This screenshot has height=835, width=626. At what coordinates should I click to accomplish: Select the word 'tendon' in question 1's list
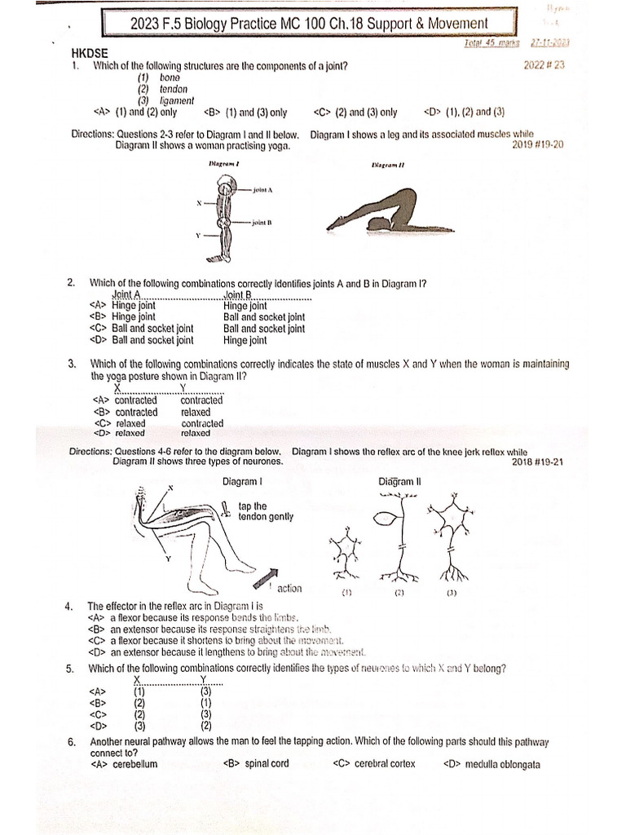(173, 89)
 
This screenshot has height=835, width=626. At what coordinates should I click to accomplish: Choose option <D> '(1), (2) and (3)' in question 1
(465, 113)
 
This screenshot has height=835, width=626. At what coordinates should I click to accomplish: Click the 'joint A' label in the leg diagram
(262, 189)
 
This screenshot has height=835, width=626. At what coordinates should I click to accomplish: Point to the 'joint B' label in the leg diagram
(261, 222)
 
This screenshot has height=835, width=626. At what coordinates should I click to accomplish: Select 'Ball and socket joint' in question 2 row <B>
(264, 317)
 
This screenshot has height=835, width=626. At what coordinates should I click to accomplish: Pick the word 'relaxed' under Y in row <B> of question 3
(196, 413)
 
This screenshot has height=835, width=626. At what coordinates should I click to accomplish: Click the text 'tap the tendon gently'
(265, 511)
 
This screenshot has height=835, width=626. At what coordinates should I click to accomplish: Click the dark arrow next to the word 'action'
(269, 577)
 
